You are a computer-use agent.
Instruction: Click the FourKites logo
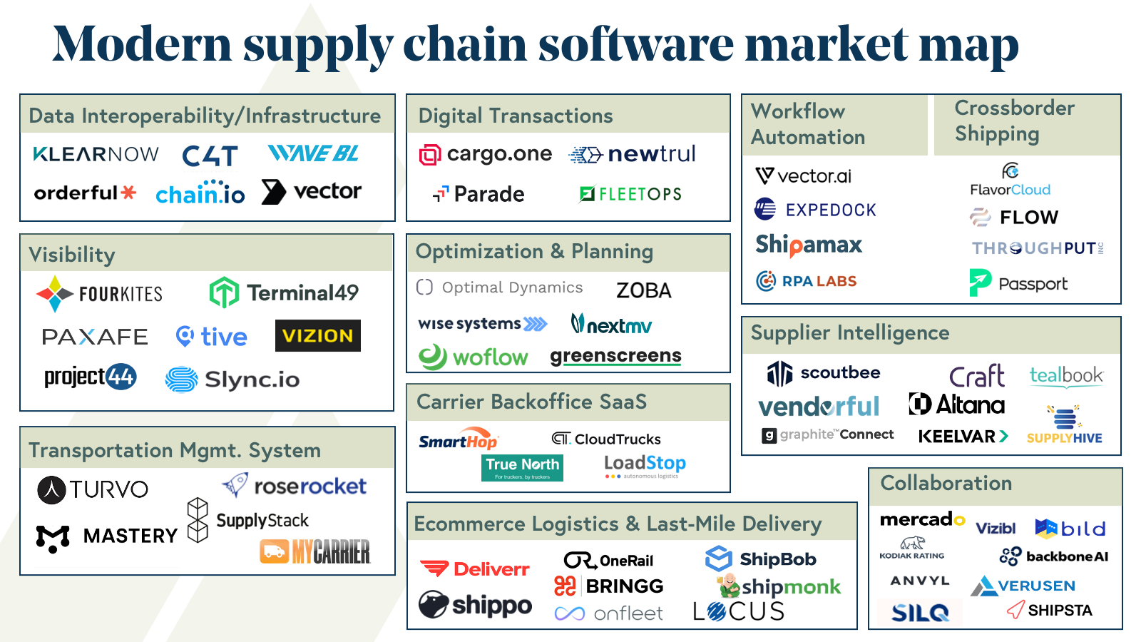100,294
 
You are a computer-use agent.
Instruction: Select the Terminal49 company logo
284,292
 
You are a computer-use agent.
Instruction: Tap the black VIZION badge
317,336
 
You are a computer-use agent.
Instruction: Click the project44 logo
90,377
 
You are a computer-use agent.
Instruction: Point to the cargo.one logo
486,154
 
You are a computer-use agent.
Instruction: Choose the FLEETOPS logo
630,194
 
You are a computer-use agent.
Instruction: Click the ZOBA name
643,290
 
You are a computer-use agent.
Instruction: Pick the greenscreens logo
615,356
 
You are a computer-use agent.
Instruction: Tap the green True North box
522,467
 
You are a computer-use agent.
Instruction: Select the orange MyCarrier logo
315,551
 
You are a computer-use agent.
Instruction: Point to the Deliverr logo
475,569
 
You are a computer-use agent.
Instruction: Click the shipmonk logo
779,586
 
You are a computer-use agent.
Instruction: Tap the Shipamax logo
809,245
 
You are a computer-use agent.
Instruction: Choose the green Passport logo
1018,283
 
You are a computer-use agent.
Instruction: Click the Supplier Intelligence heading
850,333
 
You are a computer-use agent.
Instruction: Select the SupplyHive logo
1065,425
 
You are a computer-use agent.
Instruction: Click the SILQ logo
919,612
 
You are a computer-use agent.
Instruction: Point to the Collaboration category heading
946,484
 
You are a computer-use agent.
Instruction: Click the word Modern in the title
143,44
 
